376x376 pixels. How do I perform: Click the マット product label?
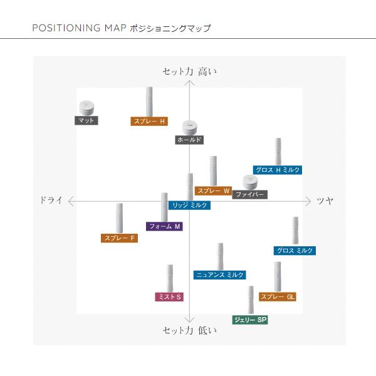click(x=86, y=121)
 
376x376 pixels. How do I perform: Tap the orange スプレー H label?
click(x=149, y=122)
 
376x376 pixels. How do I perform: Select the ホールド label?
click(x=189, y=140)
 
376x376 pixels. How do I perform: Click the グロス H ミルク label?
click(x=278, y=170)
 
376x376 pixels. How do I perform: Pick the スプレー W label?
click(x=214, y=191)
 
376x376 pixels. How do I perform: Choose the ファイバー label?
click(x=250, y=195)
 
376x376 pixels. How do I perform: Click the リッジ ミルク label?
click(x=191, y=205)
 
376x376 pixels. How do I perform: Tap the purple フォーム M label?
click(x=165, y=226)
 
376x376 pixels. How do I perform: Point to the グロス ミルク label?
click(x=295, y=251)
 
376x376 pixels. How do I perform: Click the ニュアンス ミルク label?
click(x=219, y=275)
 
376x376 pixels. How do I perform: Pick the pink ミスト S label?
click(x=169, y=296)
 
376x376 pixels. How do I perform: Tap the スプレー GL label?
click(x=277, y=296)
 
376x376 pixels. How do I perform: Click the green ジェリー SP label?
click(x=250, y=320)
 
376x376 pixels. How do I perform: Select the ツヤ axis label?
click(x=325, y=201)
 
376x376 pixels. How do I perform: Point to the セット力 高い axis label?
click(x=189, y=71)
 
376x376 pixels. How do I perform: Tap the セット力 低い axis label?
click(x=189, y=330)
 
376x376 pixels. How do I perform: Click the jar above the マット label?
click(x=86, y=107)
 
